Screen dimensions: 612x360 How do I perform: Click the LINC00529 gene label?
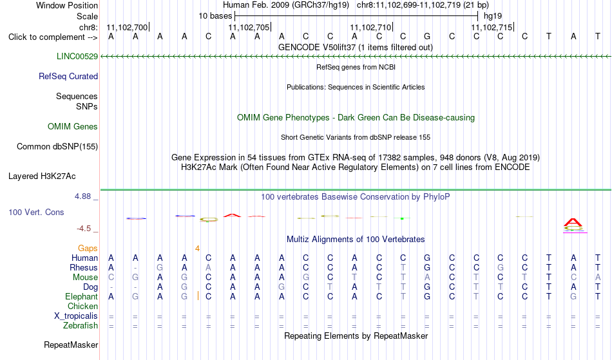pyautogui.click(x=77, y=56)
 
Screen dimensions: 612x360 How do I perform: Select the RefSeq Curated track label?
pyautogui.click(x=68, y=76)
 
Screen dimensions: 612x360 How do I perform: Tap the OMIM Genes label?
pyautogui.click(x=73, y=126)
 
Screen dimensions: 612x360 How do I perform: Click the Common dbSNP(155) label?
pyautogui.click(x=57, y=147)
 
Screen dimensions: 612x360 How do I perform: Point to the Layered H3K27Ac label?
pyautogui.click(x=42, y=176)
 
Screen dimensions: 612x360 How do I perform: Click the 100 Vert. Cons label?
pyautogui.click(x=36, y=212)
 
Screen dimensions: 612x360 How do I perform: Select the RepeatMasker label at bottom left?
pyautogui.click(x=71, y=345)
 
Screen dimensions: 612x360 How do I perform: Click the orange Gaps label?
pyautogui.click(x=88, y=249)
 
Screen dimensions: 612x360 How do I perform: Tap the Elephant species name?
pyautogui.click(x=82, y=297)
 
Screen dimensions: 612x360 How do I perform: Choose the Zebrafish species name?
pyautogui.click(x=81, y=326)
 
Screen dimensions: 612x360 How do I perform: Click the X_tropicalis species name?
pyautogui.click(x=76, y=316)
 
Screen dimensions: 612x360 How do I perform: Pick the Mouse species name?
pyautogui.click(x=85, y=278)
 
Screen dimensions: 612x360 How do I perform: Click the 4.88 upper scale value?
pyautogui.click(x=82, y=196)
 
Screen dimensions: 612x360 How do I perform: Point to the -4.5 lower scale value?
pyautogui.click(x=84, y=229)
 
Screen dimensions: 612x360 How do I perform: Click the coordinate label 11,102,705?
pyautogui.click(x=249, y=27)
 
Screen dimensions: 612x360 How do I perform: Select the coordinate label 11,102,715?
pyautogui.click(x=492, y=27)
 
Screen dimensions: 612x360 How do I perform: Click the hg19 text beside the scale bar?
pyautogui.click(x=493, y=16)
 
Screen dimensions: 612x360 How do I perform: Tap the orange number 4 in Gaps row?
pyautogui.click(x=198, y=249)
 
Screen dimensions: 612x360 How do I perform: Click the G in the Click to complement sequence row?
pyautogui.click(x=427, y=37)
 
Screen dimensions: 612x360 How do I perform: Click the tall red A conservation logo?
pyautogui.click(x=573, y=223)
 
